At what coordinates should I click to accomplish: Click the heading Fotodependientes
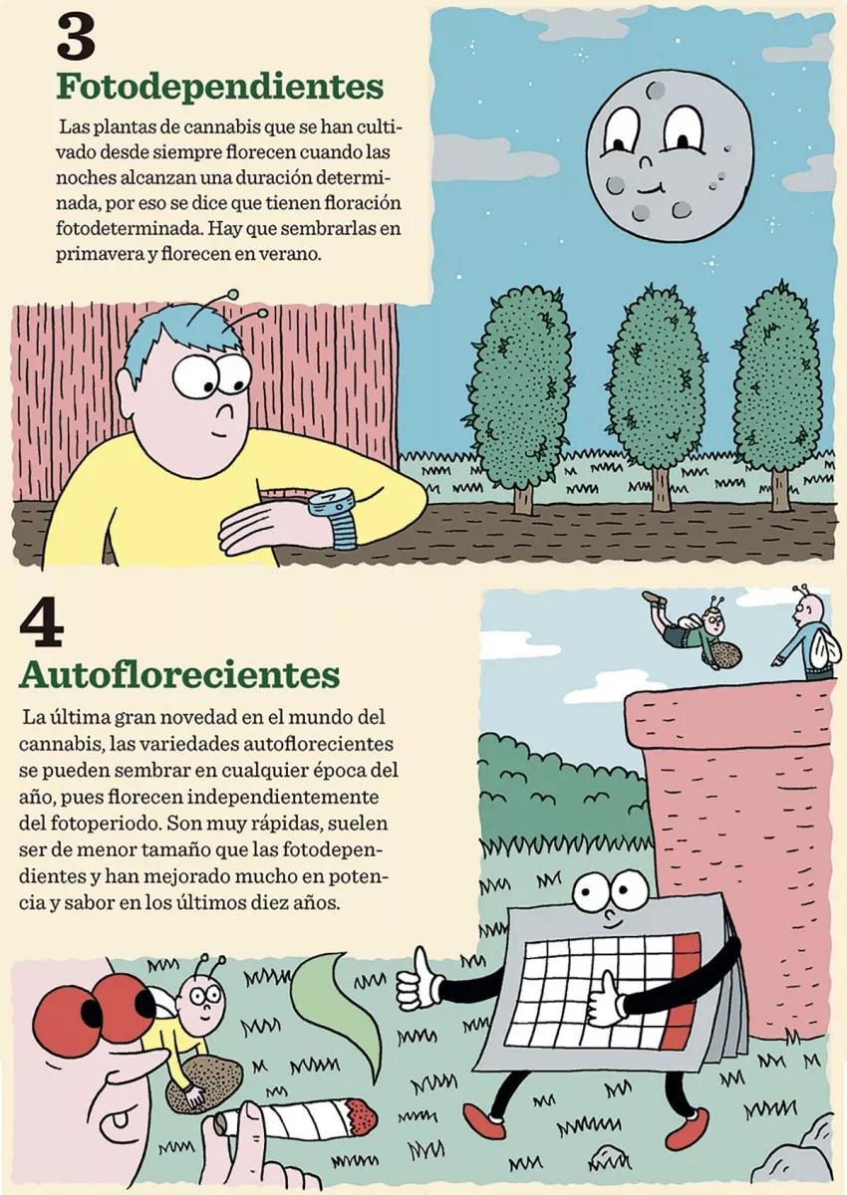tap(219, 87)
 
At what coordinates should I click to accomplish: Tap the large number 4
tap(41, 623)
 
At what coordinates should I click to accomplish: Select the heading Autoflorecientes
tap(179, 674)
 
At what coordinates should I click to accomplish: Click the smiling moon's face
tap(669, 154)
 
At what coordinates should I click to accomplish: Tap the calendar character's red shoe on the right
tap(688, 1127)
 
